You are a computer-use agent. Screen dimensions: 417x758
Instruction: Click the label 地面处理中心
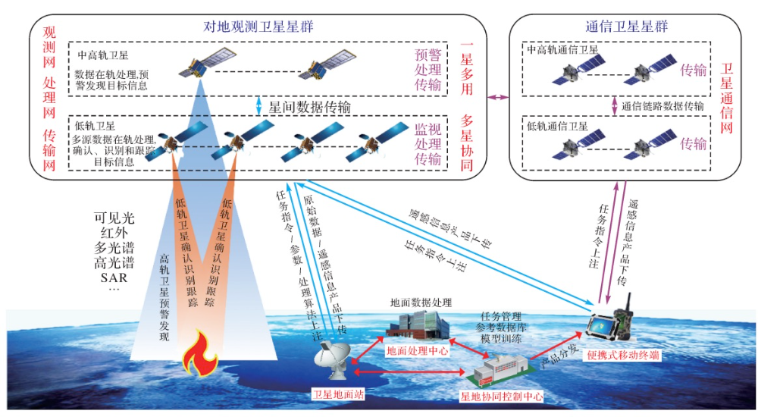click(x=418, y=351)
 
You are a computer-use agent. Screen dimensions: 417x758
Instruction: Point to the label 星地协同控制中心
click(x=502, y=395)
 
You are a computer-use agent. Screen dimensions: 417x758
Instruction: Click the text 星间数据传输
click(x=309, y=108)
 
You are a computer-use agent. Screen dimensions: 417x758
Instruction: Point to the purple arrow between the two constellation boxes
click(x=497, y=97)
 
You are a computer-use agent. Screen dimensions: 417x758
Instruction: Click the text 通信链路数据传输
click(x=663, y=107)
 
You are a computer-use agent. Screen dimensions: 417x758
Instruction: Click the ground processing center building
click(x=415, y=325)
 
